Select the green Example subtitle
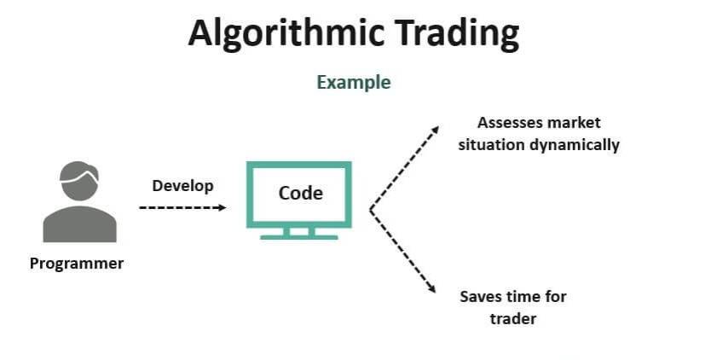(354, 83)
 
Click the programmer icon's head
(79, 181)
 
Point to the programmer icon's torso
(80, 224)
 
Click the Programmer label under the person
(77, 264)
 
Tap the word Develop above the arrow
(182, 186)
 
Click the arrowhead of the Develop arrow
(223, 207)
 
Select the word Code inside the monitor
(301, 194)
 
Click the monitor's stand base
(299, 237)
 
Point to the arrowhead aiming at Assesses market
(435, 130)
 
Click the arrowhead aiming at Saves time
(431, 288)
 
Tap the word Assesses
(510, 123)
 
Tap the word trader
(513, 319)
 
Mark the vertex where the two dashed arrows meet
(371, 210)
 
